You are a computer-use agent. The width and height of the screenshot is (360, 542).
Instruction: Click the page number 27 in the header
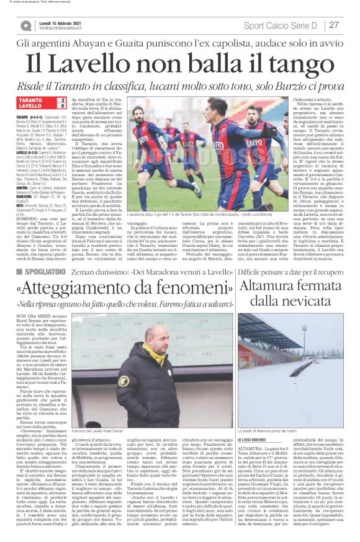(333, 25)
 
